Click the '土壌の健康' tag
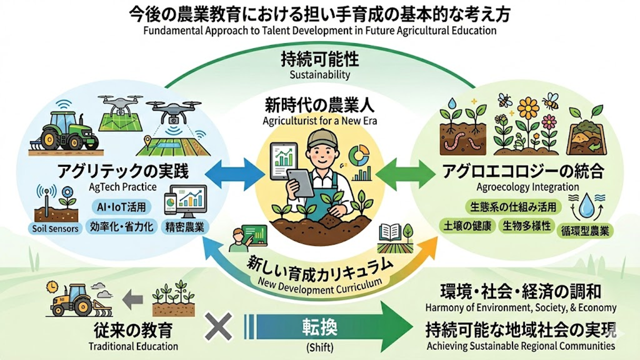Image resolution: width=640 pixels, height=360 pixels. click(x=467, y=225)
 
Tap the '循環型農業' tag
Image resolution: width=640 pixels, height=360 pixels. click(x=587, y=231)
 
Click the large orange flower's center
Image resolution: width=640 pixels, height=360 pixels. click(x=528, y=108)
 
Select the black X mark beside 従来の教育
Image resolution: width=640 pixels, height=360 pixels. click(x=218, y=327)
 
